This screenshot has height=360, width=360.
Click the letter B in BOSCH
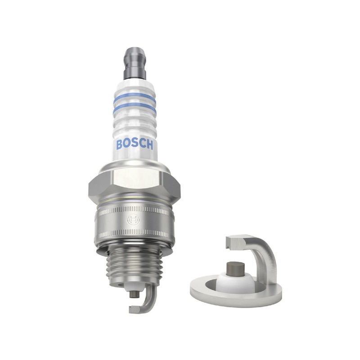(x=120, y=144)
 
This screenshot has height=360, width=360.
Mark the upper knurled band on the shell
(x=135, y=210)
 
